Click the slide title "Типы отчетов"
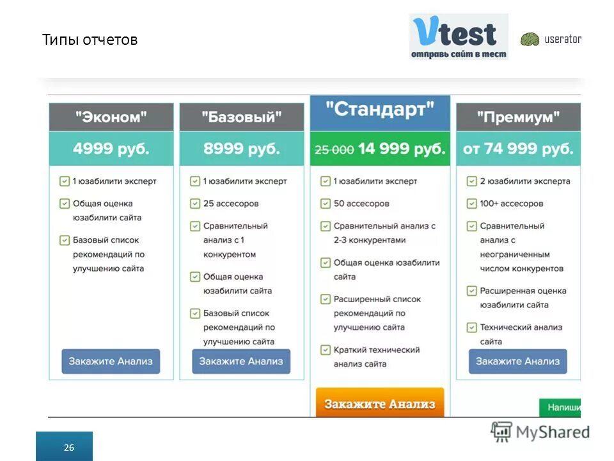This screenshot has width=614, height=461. [x=90, y=40]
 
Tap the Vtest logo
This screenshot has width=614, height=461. [x=458, y=36]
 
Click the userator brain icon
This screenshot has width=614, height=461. [x=530, y=40]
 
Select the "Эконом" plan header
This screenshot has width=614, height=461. [x=111, y=117]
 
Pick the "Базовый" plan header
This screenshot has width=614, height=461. [x=241, y=117]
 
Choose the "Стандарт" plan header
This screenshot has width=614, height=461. [x=380, y=109]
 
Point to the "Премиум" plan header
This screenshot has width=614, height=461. [x=518, y=117]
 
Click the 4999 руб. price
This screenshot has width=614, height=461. [x=111, y=149]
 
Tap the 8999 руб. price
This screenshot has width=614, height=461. [x=241, y=149]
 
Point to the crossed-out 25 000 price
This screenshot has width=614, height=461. [x=334, y=150]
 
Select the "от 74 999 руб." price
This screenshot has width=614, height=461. [x=518, y=149]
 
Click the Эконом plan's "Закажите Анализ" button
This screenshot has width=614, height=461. [x=111, y=361]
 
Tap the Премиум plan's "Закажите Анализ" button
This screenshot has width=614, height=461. [x=517, y=361]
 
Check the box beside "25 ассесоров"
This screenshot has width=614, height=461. [x=195, y=204]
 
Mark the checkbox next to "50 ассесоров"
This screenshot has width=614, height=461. [x=326, y=204]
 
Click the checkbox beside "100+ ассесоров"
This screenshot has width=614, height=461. [x=471, y=204]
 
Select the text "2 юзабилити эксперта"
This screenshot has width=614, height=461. [x=524, y=181]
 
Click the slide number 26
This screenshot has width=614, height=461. [x=68, y=448]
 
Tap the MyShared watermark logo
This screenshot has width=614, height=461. [x=540, y=432]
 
